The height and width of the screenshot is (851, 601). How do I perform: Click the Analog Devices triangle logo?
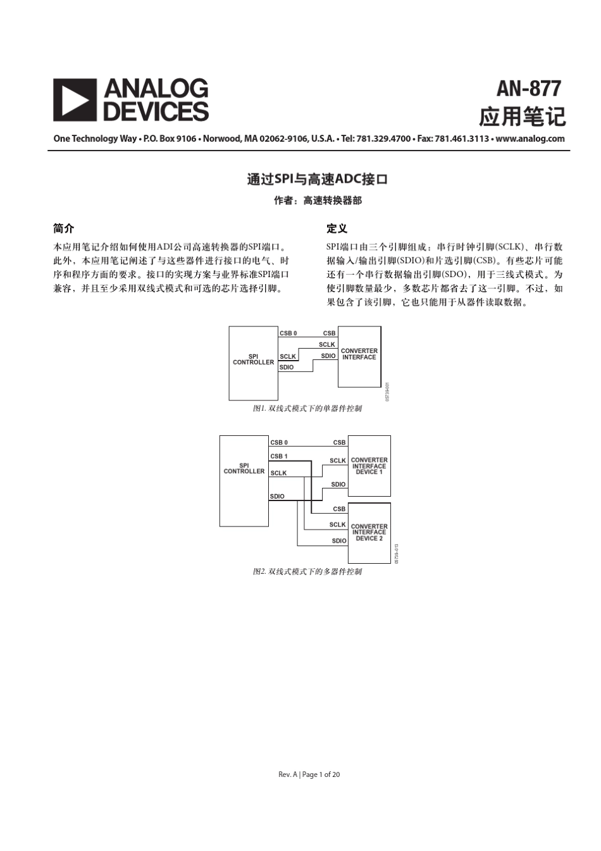click(75, 100)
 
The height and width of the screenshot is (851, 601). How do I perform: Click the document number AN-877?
click(528, 89)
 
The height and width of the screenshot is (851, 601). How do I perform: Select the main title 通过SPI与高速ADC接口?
click(317, 179)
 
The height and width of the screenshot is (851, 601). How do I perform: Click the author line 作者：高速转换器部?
click(318, 201)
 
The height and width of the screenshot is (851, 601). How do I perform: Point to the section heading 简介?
click(63, 228)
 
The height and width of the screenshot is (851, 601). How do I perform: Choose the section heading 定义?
click(337, 228)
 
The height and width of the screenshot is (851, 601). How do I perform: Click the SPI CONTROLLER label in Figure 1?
click(253, 359)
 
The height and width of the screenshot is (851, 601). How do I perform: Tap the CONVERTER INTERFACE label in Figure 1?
click(359, 354)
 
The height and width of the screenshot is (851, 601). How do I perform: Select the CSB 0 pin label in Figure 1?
click(288, 333)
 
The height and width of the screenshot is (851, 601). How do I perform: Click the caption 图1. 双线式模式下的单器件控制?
click(307, 409)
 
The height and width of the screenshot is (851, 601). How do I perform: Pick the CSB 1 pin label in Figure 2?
click(279, 456)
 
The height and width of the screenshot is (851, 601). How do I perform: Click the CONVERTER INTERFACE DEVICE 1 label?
click(369, 466)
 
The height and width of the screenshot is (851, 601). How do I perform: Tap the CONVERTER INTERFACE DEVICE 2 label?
click(369, 532)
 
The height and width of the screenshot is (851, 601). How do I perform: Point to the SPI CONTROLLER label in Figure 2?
click(244, 468)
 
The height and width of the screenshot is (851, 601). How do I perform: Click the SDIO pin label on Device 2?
click(339, 541)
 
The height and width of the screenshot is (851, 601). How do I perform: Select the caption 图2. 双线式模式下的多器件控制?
click(307, 572)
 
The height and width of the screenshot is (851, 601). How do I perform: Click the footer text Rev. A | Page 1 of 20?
click(309, 774)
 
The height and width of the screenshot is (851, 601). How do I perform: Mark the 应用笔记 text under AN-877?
click(522, 117)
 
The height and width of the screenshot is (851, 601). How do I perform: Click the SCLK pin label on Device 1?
click(338, 461)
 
